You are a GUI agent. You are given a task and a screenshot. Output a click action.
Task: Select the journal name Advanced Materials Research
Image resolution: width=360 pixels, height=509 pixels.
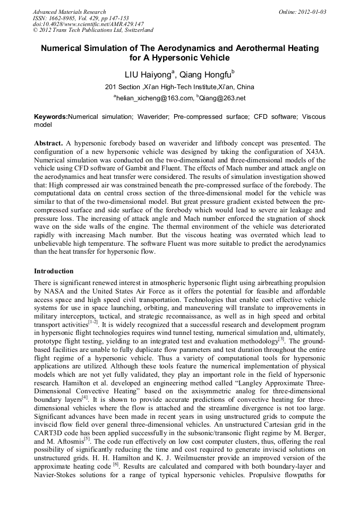pyautogui.click(x=69, y=11)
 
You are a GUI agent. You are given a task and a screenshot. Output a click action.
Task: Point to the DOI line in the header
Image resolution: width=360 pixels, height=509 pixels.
pyautogui.click(x=88, y=24)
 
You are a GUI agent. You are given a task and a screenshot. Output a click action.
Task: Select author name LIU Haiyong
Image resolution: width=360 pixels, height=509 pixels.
pyautogui.click(x=147, y=74)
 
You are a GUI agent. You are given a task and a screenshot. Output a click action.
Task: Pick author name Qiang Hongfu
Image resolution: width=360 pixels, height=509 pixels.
pyautogui.click(x=202, y=74)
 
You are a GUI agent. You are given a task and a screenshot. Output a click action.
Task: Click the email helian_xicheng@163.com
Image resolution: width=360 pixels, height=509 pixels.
pyautogui.click(x=153, y=98)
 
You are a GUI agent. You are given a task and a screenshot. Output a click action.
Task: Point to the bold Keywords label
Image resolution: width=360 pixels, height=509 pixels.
pyautogui.click(x=51, y=116)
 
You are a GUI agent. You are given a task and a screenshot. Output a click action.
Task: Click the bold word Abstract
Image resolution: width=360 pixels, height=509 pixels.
pyautogui.click(x=49, y=143)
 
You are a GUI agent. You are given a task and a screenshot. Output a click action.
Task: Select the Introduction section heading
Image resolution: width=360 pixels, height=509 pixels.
pyautogui.click(x=54, y=271)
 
